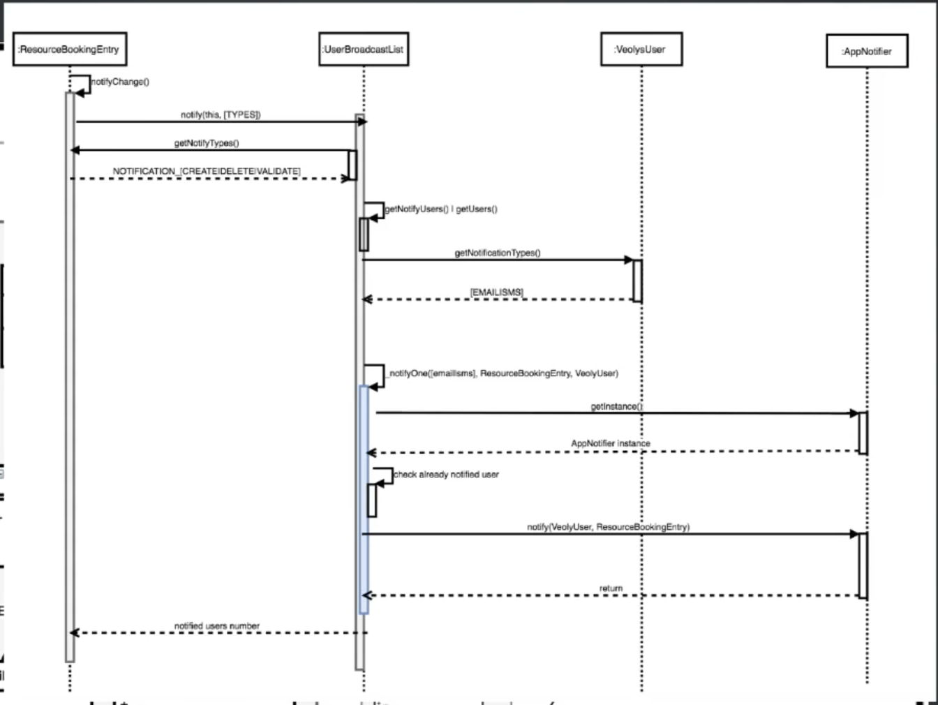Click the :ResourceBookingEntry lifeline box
click(70, 50)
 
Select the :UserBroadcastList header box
click(364, 50)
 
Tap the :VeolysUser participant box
click(641, 50)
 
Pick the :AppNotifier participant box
click(867, 52)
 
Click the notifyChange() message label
click(120, 82)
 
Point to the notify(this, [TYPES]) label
click(221, 114)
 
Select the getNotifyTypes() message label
click(207, 143)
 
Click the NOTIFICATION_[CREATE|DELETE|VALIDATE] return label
click(207, 171)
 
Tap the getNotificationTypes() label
click(498, 253)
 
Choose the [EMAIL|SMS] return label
click(497, 292)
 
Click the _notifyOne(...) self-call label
click(502, 373)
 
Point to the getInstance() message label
click(617, 406)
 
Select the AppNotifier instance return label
click(610, 443)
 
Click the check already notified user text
click(447, 475)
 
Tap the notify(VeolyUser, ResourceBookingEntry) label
click(608, 527)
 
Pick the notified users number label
click(217, 626)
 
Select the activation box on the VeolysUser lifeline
click(637, 281)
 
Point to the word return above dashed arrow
click(611, 588)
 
